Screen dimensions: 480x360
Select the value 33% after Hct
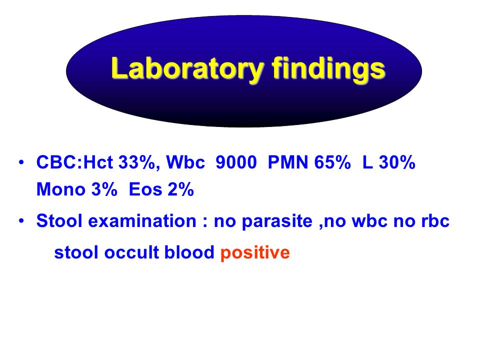point(137,162)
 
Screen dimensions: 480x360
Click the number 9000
point(236,162)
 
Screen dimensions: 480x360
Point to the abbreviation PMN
point(287,162)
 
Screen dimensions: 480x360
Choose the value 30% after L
point(397,162)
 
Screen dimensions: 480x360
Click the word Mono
point(61,189)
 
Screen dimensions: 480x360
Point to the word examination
point(142,220)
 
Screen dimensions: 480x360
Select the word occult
point(131,252)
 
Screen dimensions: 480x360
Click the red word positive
point(255,253)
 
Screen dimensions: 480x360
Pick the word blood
point(189,252)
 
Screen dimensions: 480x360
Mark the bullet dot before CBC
point(21,162)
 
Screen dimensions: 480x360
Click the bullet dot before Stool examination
point(21,220)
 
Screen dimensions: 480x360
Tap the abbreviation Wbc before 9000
point(185,162)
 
